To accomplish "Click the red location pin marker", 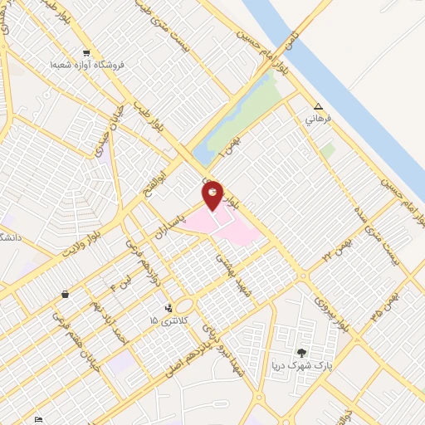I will click(213, 195).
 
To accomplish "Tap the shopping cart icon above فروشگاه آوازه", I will click(86, 52).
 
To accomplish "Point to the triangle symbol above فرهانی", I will click(319, 106).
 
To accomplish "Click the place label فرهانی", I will click(319, 119).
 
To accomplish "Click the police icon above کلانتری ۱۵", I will click(170, 308).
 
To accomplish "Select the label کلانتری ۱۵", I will click(170, 320).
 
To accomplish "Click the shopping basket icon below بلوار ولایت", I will click(66, 294).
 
